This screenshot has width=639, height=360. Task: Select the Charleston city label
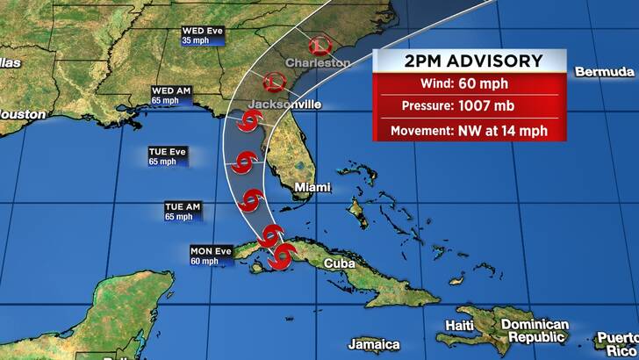[318, 63]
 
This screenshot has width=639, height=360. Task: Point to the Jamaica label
[374, 344]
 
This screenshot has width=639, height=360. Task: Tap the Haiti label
[461, 325]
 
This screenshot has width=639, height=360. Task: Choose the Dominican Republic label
[535, 331]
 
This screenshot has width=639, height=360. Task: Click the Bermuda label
[605, 71]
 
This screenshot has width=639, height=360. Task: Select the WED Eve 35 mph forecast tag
[204, 36]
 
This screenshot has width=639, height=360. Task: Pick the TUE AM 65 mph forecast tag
[183, 211]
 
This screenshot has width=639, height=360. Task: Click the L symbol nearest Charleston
[319, 46]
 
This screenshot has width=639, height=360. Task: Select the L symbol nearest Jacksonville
[275, 83]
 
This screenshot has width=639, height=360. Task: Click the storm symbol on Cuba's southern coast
[284, 256]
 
